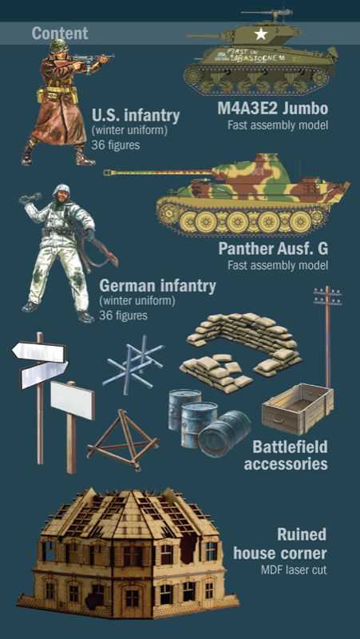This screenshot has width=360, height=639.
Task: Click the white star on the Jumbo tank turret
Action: (261, 34)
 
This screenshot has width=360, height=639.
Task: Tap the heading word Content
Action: (59, 34)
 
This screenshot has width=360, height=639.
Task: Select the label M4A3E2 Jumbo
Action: (272, 109)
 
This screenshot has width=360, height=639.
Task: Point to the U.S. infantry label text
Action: (136, 117)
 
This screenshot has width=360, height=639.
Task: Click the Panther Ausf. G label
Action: (273, 248)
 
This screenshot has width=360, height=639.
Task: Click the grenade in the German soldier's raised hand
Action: (32, 198)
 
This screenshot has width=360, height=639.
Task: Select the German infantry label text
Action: (157, 286)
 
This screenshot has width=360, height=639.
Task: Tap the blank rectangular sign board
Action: (73, 399)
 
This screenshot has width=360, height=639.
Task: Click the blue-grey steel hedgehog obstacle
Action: (133, 361)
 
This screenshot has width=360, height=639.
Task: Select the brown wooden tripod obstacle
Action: (122, 443)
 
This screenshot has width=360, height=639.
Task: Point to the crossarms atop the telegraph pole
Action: (327, 297)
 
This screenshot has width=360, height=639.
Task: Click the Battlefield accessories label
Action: (290, 455)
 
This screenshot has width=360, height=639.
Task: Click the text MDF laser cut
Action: (294, 570)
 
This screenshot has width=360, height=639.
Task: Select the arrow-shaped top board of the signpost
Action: (39, 351)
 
